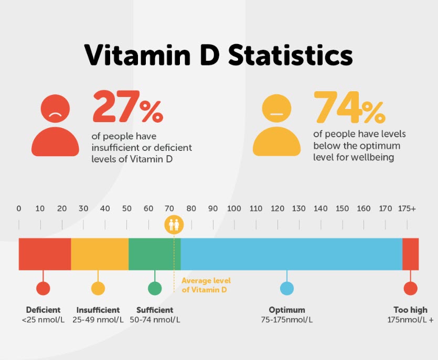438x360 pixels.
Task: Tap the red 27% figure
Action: click(x=127, y=108)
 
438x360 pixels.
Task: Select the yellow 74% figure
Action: click(x=348, y=108)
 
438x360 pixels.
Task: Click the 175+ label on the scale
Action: click(x=407, y=209)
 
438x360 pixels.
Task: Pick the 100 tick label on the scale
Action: click(x=234, y=209)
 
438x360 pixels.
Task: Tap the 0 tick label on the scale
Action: click(x=19, y=209)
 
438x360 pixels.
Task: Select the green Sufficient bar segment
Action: click(x=154, y=254)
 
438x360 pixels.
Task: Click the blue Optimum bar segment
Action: click(x=291, y=254)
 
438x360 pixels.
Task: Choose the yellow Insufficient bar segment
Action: click(x=100, y=254)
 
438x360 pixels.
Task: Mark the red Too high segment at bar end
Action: click(x=410, y=254)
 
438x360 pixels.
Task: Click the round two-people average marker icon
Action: click(x=174, y=224)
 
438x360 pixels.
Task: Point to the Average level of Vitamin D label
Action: click(x=206, y=285)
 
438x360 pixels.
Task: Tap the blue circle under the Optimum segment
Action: click(x=287, y=288)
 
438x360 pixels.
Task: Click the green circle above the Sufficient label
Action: click(x=155, y=288)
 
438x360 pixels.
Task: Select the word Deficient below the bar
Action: click(x=43, y=310)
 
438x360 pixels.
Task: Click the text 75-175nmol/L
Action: click(x=287, y=319)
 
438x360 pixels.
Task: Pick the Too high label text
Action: click(x=410, y=310)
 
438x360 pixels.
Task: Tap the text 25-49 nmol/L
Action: click(x=98, y=319)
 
